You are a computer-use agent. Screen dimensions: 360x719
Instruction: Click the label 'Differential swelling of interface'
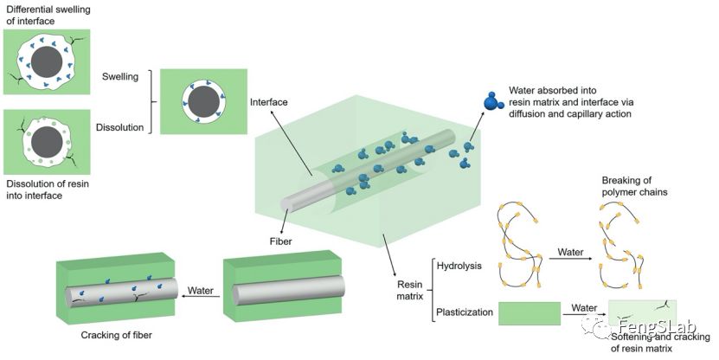(x=48, y=15)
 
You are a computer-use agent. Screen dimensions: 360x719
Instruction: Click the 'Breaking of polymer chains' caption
(x=634, y=186)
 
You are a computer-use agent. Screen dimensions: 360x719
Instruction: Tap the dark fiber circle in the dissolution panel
(x=46, y=141)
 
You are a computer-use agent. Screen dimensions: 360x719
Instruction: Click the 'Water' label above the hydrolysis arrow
(x=569, y=252)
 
